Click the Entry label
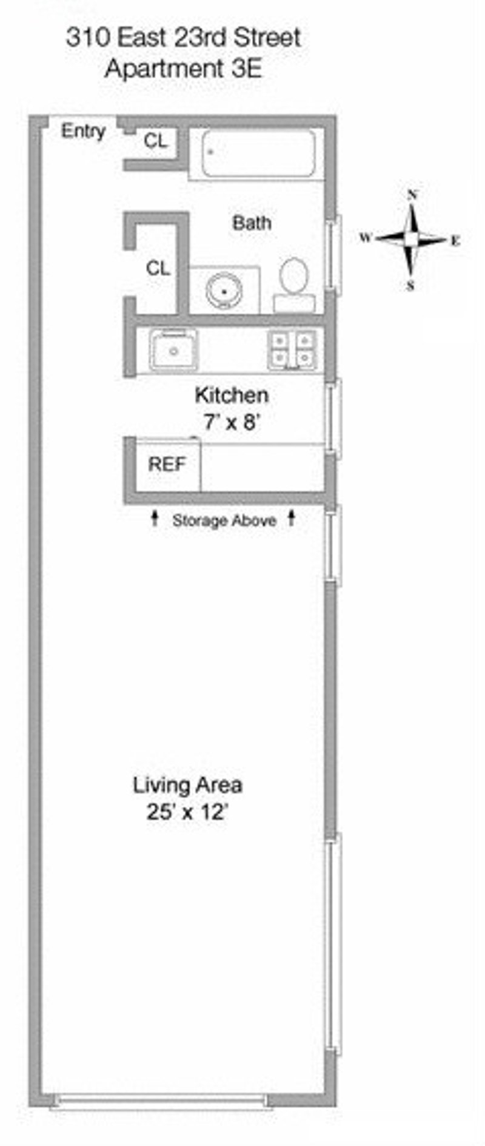(83, 131)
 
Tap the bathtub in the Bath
(258, 154)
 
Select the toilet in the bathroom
(294, 285)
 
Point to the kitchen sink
(174, 349)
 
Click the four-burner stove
(292, 350)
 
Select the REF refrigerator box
(167, 465)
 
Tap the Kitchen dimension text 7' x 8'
(232, 421)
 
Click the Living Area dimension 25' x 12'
(187, 812)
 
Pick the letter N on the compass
(412, 195)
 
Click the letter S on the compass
(410, 285)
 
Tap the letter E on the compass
(455, 241)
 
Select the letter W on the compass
(366, 238)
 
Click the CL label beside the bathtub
(155, 141)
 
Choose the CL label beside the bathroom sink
(158, 268)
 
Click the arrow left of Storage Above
(155, 517)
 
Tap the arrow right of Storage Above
(292, 517)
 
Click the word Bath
(252, 223)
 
